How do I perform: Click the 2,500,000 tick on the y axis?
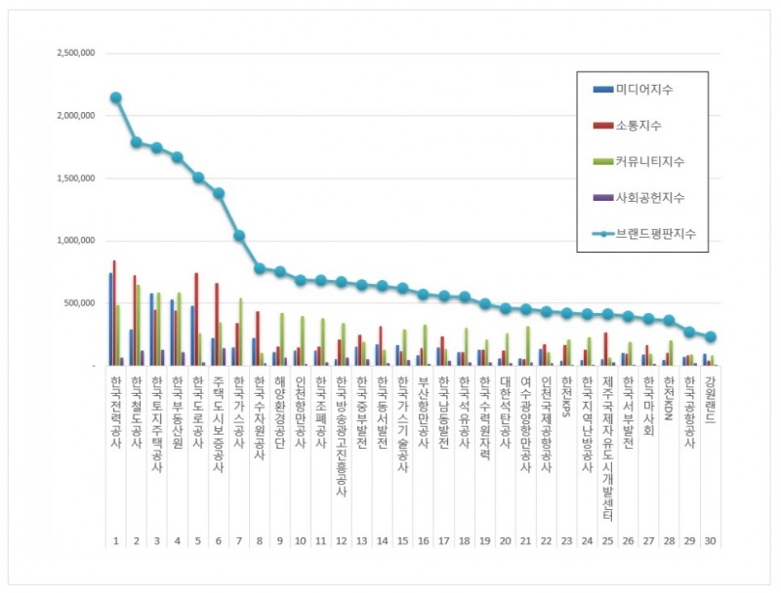73,53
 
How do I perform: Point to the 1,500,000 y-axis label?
73,178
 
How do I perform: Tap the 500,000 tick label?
78,303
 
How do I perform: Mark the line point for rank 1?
116,98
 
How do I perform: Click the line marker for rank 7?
239,235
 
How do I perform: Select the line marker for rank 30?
712,336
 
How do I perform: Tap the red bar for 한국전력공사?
115,312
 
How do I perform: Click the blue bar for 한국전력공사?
110,319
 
